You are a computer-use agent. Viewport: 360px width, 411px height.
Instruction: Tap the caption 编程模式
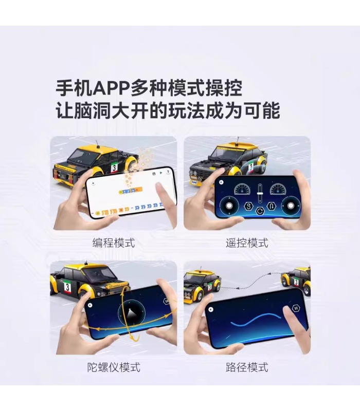[x=114, y=242]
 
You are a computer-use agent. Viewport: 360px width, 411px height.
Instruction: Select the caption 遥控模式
[x=247, y=242]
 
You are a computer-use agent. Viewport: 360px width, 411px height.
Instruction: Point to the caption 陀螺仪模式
[x=114, y=367]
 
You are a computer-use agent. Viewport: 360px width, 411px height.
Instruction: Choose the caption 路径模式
[x=247, y=367]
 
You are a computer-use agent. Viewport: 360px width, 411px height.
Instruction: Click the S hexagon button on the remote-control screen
[x=248, y=206]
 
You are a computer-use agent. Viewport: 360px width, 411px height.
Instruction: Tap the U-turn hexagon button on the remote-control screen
[x=272, y=207]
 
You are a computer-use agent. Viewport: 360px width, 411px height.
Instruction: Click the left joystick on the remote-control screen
[x=229, y=206]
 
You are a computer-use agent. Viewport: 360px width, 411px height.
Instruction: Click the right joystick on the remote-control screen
[x=291, y=206]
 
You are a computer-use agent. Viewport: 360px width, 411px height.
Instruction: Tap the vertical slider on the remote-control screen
[x=260, y=194]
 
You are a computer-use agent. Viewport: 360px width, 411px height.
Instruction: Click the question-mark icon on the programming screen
[x=168, y=172]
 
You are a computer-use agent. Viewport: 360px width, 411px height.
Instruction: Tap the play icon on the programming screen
[x=161, y=173]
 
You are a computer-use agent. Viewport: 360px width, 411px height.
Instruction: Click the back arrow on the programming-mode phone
[x=93, y=184]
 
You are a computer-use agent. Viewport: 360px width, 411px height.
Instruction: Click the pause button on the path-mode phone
[x=296, y=308]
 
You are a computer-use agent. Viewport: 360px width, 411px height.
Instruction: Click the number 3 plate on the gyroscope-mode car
[x=67, y=287]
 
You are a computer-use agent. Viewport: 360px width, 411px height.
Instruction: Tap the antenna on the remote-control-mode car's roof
[x=238, y=140]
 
